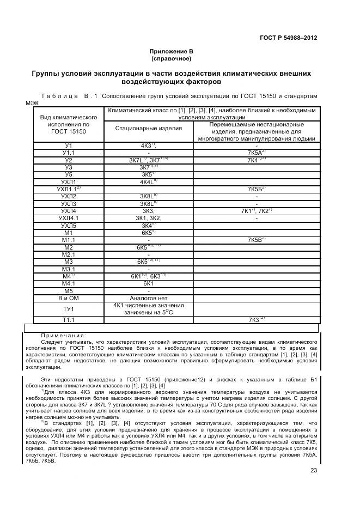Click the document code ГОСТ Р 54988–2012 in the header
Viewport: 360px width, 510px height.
click(289, 38)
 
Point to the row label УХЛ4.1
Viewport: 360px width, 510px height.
click(69, 218)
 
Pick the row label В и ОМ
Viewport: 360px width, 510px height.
click(69, 298)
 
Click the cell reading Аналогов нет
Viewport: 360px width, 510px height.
click(149, 298)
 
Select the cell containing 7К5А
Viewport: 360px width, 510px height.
click(256, 153)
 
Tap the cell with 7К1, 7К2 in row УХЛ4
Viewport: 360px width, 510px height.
click(256, 211)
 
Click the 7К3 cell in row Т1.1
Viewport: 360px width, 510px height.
click(256, 319)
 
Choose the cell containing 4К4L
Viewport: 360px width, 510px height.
click(149, 182)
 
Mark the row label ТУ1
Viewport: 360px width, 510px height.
click(69, 308)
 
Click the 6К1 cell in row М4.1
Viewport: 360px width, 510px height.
click(149, 283)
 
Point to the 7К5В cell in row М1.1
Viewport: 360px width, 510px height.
click(256, 240)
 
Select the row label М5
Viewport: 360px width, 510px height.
click(69, 290)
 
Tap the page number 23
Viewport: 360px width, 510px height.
click(314, 471)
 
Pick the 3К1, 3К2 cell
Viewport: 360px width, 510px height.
click(149, 218)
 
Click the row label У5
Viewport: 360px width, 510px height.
click(69, 175)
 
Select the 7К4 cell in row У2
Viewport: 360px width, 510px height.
click(256, 160)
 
